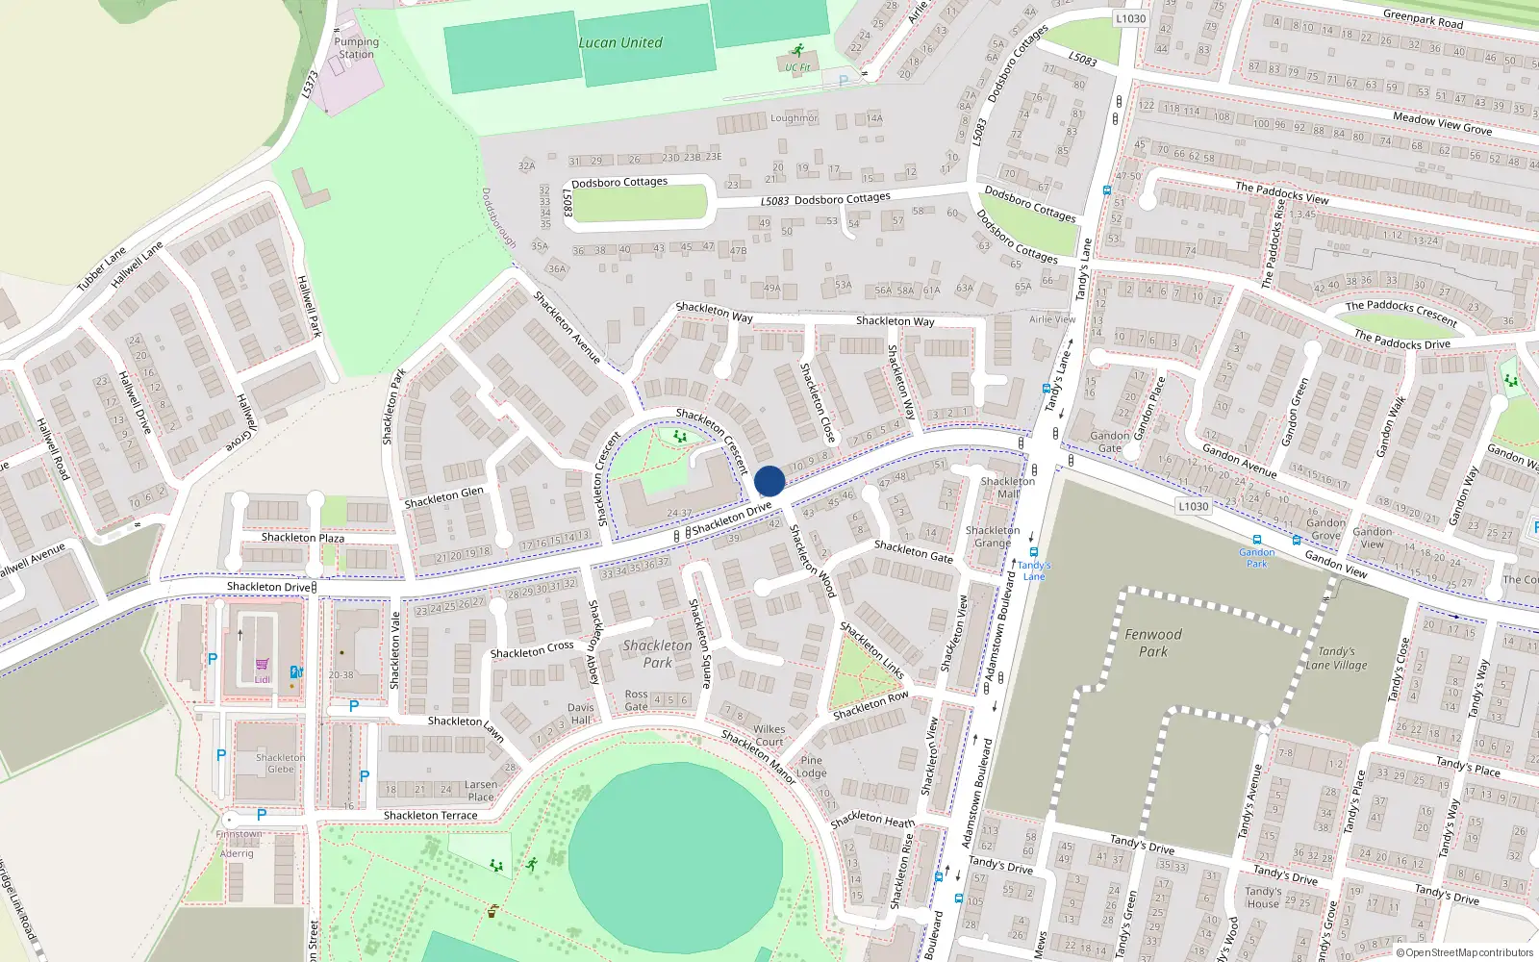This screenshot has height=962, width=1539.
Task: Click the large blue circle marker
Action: pyautogui.click(x=769, y=481)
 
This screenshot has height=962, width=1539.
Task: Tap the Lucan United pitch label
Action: pyautogui.click(x=620, y=43)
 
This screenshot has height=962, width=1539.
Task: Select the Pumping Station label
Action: pyautogui.click(x=357, y=48)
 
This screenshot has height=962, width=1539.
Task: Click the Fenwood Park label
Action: pyautogui.click(x=1153, y=643)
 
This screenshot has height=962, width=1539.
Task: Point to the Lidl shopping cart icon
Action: pyautogui.click(x=262, y=665)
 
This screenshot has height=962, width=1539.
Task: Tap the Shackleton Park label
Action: pyautogui.click(x=657, y=654)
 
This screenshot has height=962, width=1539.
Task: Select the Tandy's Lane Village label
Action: pyautogui.click(x=1336, y=658)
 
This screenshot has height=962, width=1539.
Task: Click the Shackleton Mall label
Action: pyautogui.click(x=1008, y=487)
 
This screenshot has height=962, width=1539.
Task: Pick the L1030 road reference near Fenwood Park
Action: pyautogui.click(x=1193, y=506)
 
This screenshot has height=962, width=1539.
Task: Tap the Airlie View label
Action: pyautogui.click(x=1052, y=319)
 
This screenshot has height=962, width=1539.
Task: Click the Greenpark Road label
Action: pyautogui.click(x=1423, y=18)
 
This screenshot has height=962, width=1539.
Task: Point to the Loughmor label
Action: pyautogui.click(x=794, y=118)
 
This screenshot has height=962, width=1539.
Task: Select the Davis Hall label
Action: pyautogui.click(x=580, y=714)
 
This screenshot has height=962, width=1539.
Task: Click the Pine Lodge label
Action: pyautogui.click(x=812, y=767)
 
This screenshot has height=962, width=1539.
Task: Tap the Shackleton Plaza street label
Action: pyautogui.click(x=303, y=538)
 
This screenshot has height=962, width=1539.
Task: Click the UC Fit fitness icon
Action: pyautogui.click(x=796, y=50)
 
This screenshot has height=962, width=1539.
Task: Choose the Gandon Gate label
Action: pyautogui.click(x=1110, y=442)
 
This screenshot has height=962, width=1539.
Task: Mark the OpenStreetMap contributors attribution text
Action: pyautogui.click(x=1465, y=952)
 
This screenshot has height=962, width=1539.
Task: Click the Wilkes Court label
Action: pyautogui.click(x=769, y=735)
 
